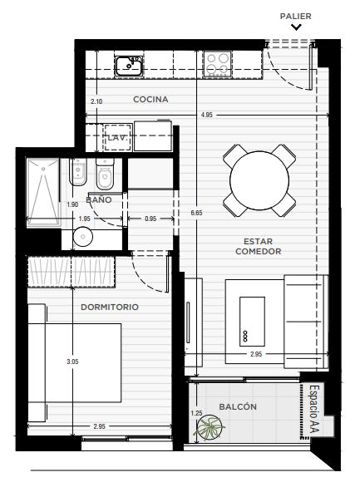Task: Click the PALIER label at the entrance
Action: tap(295, 16)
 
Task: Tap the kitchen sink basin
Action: tap(129, 66)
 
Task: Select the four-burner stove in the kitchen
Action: tap(217, 64)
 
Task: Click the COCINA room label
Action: tap(150, 100)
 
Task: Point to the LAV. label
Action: tap(117, 138)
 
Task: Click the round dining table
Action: tap(259, 180)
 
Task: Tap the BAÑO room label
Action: tap(98, 199)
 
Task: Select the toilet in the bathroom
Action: tap(105, 174)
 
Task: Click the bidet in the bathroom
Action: tap(77, 172)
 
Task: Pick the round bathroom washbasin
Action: tap(83, 237)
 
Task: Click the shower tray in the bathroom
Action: tap(43, 193)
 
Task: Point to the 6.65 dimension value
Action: tap(196, 213)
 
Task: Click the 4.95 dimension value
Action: tap(207, 115)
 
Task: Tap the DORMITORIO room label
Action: tap(110, 307)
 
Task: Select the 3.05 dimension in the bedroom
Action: tap(72, 362)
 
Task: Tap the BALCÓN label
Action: tap(238, 407)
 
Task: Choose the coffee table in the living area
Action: tap(252, 322)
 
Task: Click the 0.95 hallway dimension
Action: tap(150, 219)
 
